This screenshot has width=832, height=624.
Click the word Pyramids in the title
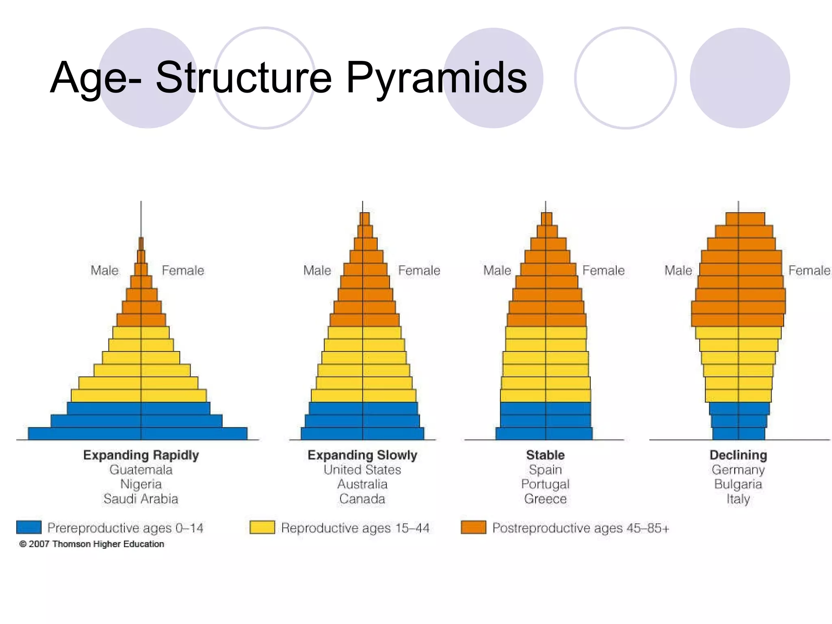[436, 77]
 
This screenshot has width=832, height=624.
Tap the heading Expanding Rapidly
[141, 455]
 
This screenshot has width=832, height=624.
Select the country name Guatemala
[141, 470]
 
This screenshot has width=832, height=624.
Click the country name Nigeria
[141, 484]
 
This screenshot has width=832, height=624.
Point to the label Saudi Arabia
[141, 499]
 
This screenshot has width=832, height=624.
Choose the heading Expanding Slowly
[362, 455]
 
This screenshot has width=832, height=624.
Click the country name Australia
[362, 484]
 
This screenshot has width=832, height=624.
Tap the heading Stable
[545, 455]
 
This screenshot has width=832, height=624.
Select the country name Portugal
[545, 484]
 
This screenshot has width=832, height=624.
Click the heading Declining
[738, 455]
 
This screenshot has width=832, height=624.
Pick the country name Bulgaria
[738, 484]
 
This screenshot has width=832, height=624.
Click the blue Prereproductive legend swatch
[29, 527]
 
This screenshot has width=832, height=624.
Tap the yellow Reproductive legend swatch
[262, 527]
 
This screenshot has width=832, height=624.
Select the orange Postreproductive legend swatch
[473, 527]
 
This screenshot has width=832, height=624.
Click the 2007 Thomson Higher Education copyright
[92, 544]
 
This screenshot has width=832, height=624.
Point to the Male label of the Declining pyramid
[678, 270]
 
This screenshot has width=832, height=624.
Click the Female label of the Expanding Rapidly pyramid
[183, 270]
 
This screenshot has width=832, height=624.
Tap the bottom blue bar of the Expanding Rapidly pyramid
[137, 433]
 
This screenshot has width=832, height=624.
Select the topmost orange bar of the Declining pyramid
[745, 219]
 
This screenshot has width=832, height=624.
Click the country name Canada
[362, 499]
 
